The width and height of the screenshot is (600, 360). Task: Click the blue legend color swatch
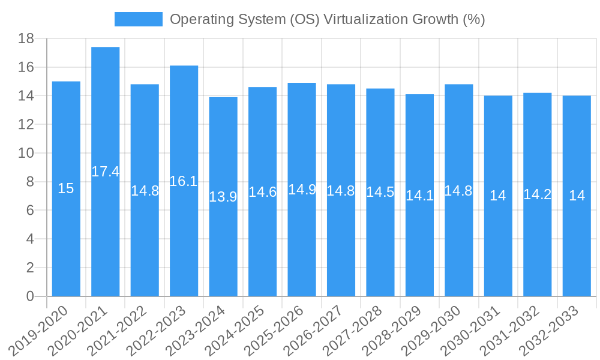coord(139,19)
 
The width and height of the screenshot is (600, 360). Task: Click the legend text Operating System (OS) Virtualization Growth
coord(327,19)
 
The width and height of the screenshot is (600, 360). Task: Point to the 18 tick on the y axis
coord(26,39)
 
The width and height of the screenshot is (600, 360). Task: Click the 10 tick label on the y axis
coord(26,154)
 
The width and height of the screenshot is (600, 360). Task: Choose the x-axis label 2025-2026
coord(277,331)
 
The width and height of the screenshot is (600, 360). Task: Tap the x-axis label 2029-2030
coord(434,331)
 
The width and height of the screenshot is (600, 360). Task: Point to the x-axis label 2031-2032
coord(512,331)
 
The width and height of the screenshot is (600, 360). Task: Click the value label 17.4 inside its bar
coord(106,172)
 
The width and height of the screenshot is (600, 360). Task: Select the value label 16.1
coord(184,181)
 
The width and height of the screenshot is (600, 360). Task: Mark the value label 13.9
coord(223,197)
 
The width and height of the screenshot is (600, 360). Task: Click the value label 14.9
coord(302,190)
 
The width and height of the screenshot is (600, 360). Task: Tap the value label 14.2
coord(537,194)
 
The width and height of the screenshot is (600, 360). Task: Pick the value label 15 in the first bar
coord(66,188)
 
